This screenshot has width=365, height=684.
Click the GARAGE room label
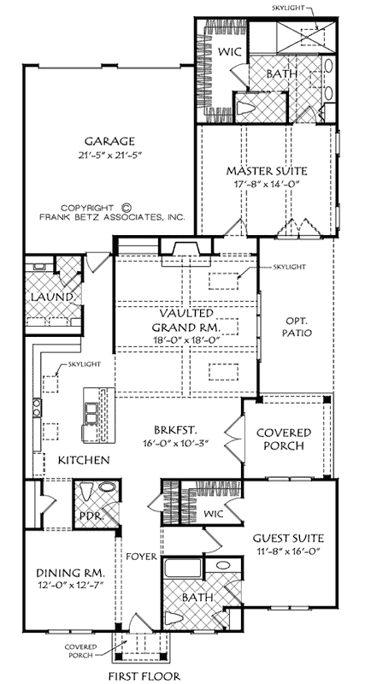pyautogui.click(x=110, y=141)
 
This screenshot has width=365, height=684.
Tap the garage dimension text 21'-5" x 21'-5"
pyautogui.click(x=110, y=156)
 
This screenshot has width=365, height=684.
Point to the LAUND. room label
pyautogui.click(x=39, y=297)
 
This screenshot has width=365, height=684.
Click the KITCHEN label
pyautogui.click(x=83, y=461)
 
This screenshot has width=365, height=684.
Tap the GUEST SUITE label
pyautogui.click(x=287, y=538)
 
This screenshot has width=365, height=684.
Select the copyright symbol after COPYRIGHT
pyautogui.click(x=127, y=206)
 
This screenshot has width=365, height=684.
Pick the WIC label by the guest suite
pyautogui.click(x=214, y=514)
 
